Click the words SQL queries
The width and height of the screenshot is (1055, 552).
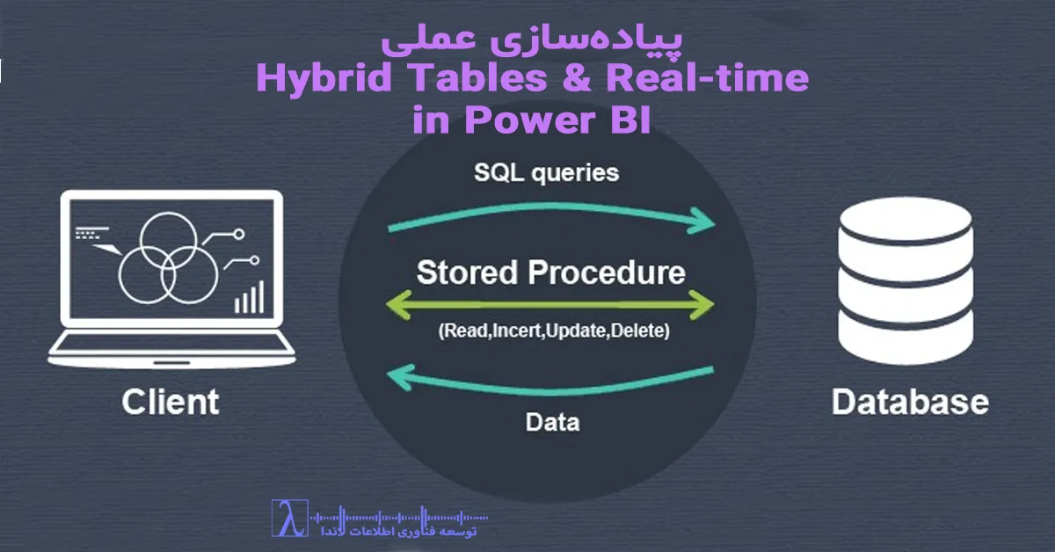coord(547,172)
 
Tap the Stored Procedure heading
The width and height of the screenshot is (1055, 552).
coord(550,272)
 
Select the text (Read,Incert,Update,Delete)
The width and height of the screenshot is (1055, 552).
coord(551,333)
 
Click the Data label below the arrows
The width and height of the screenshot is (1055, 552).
coord(552,423)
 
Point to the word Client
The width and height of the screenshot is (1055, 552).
coord(170,403)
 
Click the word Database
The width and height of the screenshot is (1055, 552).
coord(910,403)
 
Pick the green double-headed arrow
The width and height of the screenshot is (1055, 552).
coord(550,305)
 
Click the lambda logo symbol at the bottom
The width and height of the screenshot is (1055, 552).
coord(288,519)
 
